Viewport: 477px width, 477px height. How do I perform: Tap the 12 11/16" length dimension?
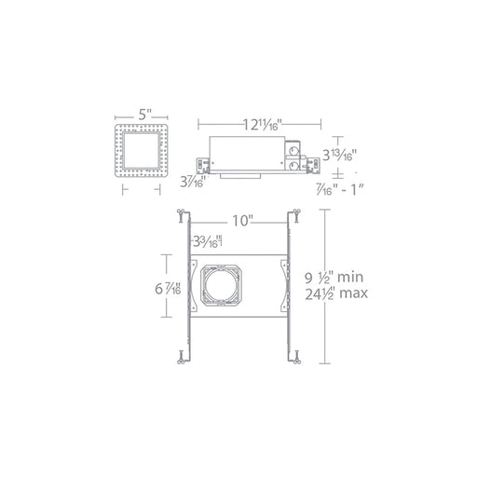click(262, 125)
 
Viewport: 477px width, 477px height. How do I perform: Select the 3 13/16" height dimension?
click(339, 155)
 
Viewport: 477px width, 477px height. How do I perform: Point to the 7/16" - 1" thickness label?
click(339, 189)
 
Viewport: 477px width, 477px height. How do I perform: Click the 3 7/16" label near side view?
click(193, 182)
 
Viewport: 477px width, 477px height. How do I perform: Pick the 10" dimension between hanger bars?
click(241, 221)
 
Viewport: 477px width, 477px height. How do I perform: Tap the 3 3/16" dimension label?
click(208, 240)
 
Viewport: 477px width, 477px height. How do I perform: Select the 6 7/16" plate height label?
click(168, 289)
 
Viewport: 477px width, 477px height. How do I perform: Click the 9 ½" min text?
click(334, 277)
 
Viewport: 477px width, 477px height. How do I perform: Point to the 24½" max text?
click(336, 293)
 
